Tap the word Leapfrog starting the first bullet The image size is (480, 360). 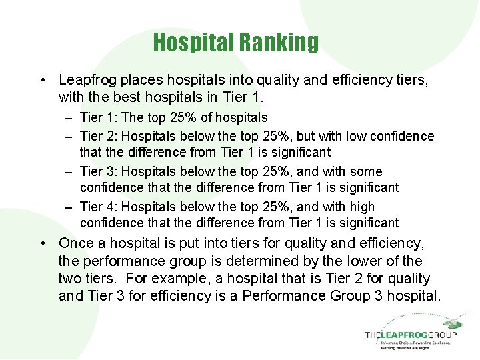pos(85,80)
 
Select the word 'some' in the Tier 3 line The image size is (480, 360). pos(368,172)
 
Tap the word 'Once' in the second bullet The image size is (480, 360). pos(76,244)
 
